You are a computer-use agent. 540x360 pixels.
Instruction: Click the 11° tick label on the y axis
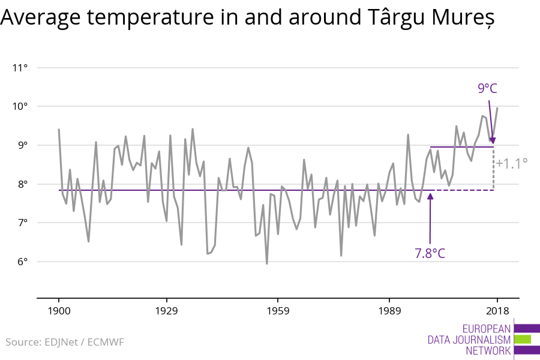pyautogui.click(x=20, y=67)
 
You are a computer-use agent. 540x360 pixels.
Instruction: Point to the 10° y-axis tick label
pyautogui.click(x=20, y=106)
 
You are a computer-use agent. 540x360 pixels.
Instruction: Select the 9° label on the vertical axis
pyautogui.click(x=22, y=145)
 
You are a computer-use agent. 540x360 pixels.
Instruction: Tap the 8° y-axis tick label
pyautogui.click(x=22, y=184)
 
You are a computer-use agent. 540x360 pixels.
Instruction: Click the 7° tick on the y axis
pyautogui.click(x=22, y=223)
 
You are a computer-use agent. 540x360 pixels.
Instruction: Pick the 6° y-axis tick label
pyautogui.click(x=22, y=262)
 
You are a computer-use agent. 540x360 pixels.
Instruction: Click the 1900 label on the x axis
pyautogui.click(x=59, y=311)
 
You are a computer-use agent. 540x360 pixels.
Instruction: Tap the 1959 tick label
pyautogui.click(x=278, y=311)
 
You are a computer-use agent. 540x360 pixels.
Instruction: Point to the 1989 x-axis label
pyautogui.click(x=389, y=311)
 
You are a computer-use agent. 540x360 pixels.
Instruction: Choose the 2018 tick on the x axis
pyautogui.click(x=497, y=311)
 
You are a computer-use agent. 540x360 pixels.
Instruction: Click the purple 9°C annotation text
pyautogui.click(x=487, y=89)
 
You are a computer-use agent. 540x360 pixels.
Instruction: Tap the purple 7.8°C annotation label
pyautogui.click(x=430, y=253)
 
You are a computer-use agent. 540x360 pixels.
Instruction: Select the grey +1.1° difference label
pyautogui.click(x=512, y=162)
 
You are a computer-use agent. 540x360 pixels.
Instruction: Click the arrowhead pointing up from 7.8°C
pyautogui.click(x=430, y=194)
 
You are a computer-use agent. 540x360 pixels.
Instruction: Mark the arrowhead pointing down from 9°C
pyautogui.click(x=493, y=140)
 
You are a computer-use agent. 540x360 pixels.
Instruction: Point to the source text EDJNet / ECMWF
pyautogui.click(x=84, y=342)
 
